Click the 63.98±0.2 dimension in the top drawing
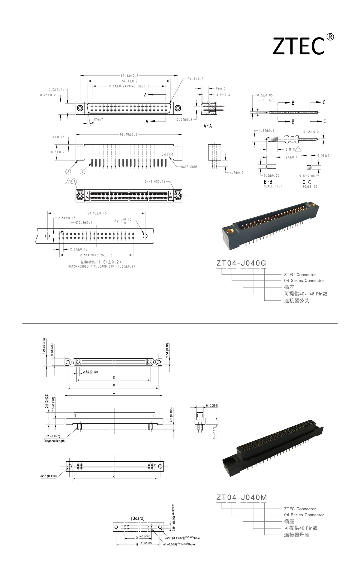[129, 76]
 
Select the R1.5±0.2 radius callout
[195, 79]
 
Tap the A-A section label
[208, 126]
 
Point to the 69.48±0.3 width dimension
[128, 134]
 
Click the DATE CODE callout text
[189, 167]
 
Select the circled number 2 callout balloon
[68, 172]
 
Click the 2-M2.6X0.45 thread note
[155, 181]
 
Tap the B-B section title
[268, 182]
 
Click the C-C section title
[307, 182]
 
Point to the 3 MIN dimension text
[290, 149]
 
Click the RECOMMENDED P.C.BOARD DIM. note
[102, 266]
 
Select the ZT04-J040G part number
[241, 263]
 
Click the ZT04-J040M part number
[241, 497]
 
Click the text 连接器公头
[296, 301]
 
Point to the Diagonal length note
[54, 441]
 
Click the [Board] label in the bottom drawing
[138, 518]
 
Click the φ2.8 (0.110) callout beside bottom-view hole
[49, 476]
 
